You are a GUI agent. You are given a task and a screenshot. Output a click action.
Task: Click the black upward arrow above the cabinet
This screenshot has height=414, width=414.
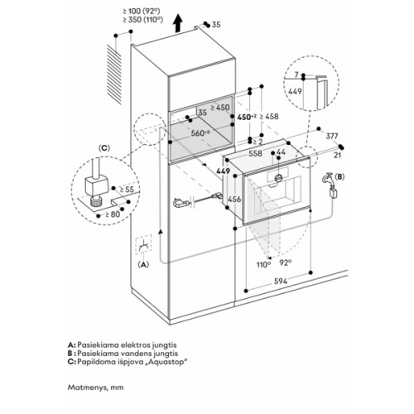tap(178, 23)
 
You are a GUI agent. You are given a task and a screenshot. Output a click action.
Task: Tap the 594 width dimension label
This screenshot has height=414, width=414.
tap(281, 282)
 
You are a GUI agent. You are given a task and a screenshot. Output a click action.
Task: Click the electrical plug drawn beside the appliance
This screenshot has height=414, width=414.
tap(181, 203)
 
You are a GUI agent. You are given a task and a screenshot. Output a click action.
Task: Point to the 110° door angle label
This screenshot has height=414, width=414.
tap(263, 265)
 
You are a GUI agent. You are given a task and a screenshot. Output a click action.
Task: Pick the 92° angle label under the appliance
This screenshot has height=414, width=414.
tap(286, 262)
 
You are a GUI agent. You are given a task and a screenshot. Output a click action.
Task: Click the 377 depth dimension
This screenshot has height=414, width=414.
tap(332, 136)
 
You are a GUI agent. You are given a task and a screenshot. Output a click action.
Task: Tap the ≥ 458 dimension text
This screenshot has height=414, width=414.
tap(269, 117)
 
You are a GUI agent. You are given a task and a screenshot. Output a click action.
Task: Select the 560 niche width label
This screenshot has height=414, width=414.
tap(200, 133)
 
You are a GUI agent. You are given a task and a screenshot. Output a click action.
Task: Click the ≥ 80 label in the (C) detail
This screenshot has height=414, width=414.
tap(113, 214)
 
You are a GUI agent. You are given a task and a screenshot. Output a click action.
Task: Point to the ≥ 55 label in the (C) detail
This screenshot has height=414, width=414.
tap(127, 190)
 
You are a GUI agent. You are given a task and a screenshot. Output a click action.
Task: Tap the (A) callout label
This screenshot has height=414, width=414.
tap(143, 264)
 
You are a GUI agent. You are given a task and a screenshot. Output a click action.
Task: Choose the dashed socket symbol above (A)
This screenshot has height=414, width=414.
tap(143, 244)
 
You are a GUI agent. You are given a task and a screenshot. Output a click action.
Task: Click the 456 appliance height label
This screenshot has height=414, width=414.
tap(234, 199)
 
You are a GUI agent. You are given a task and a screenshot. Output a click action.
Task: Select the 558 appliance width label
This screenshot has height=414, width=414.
tap(255, 153)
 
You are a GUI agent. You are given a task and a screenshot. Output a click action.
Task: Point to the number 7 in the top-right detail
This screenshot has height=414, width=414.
tap(296, 75)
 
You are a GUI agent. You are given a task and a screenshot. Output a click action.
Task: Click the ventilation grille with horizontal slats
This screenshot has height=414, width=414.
tap(114, 75)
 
